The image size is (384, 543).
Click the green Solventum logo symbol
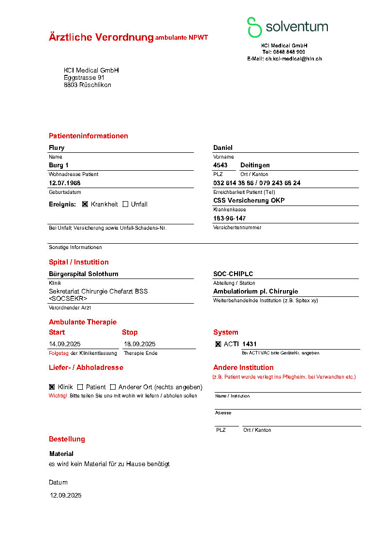tap(254, 27)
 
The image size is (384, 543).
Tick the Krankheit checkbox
tap(85, 204)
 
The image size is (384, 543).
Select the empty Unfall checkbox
tap(125, 204)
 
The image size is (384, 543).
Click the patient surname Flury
tap(57, 148)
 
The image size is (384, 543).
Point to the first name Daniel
tap(223, 148)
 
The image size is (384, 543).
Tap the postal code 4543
tap(220, 165)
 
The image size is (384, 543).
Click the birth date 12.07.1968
tap(65, 183)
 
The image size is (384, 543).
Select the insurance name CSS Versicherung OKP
tap(249, 201)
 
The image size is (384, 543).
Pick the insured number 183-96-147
tap(230, 219)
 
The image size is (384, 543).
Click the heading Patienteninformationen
tap(89, 136)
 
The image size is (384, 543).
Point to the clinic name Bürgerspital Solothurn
tap(84, 274)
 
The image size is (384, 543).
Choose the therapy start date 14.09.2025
tap(65, 344)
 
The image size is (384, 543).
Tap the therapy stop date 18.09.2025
tap(140, 344)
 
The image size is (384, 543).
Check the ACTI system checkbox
tap(218, 344)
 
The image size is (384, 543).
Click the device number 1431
tap(250, 344)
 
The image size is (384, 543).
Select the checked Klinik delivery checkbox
tap(52, 387)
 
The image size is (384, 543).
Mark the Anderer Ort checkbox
tap(113, 387)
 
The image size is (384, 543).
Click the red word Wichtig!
tap(58, 396)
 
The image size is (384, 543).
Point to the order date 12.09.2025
tap(66, 496)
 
